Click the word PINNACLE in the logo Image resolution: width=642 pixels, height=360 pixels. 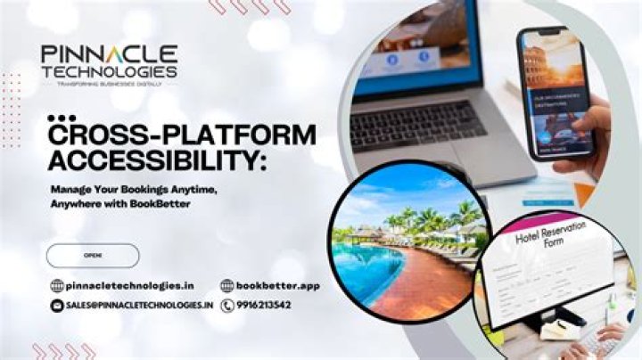pos(109,55)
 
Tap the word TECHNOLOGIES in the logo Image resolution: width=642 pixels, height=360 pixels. pos(109,71)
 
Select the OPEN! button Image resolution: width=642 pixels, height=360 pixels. pos(93,256)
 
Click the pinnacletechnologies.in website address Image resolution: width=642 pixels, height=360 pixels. pos(130,286)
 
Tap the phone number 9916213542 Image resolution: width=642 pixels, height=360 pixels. pos(265,305)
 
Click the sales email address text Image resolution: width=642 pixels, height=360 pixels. pos(139,305)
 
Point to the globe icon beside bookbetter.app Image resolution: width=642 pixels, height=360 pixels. pos(227,286)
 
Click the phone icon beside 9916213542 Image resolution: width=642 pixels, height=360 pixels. pos(227,305)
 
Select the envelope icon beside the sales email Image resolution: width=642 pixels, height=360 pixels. pos(57,305)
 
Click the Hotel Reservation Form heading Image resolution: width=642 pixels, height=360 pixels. pos(552,234)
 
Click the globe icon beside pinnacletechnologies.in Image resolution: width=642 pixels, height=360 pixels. pos(57,286)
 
